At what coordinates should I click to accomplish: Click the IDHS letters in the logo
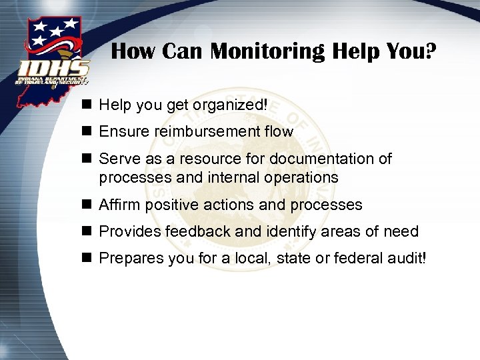pos(54,68)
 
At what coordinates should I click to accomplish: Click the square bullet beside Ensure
pos(87,132)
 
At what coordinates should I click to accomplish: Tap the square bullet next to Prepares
pos(87,259)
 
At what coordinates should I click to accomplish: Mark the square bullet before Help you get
pos(87,105)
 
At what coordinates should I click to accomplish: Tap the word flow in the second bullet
pos(279,132)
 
